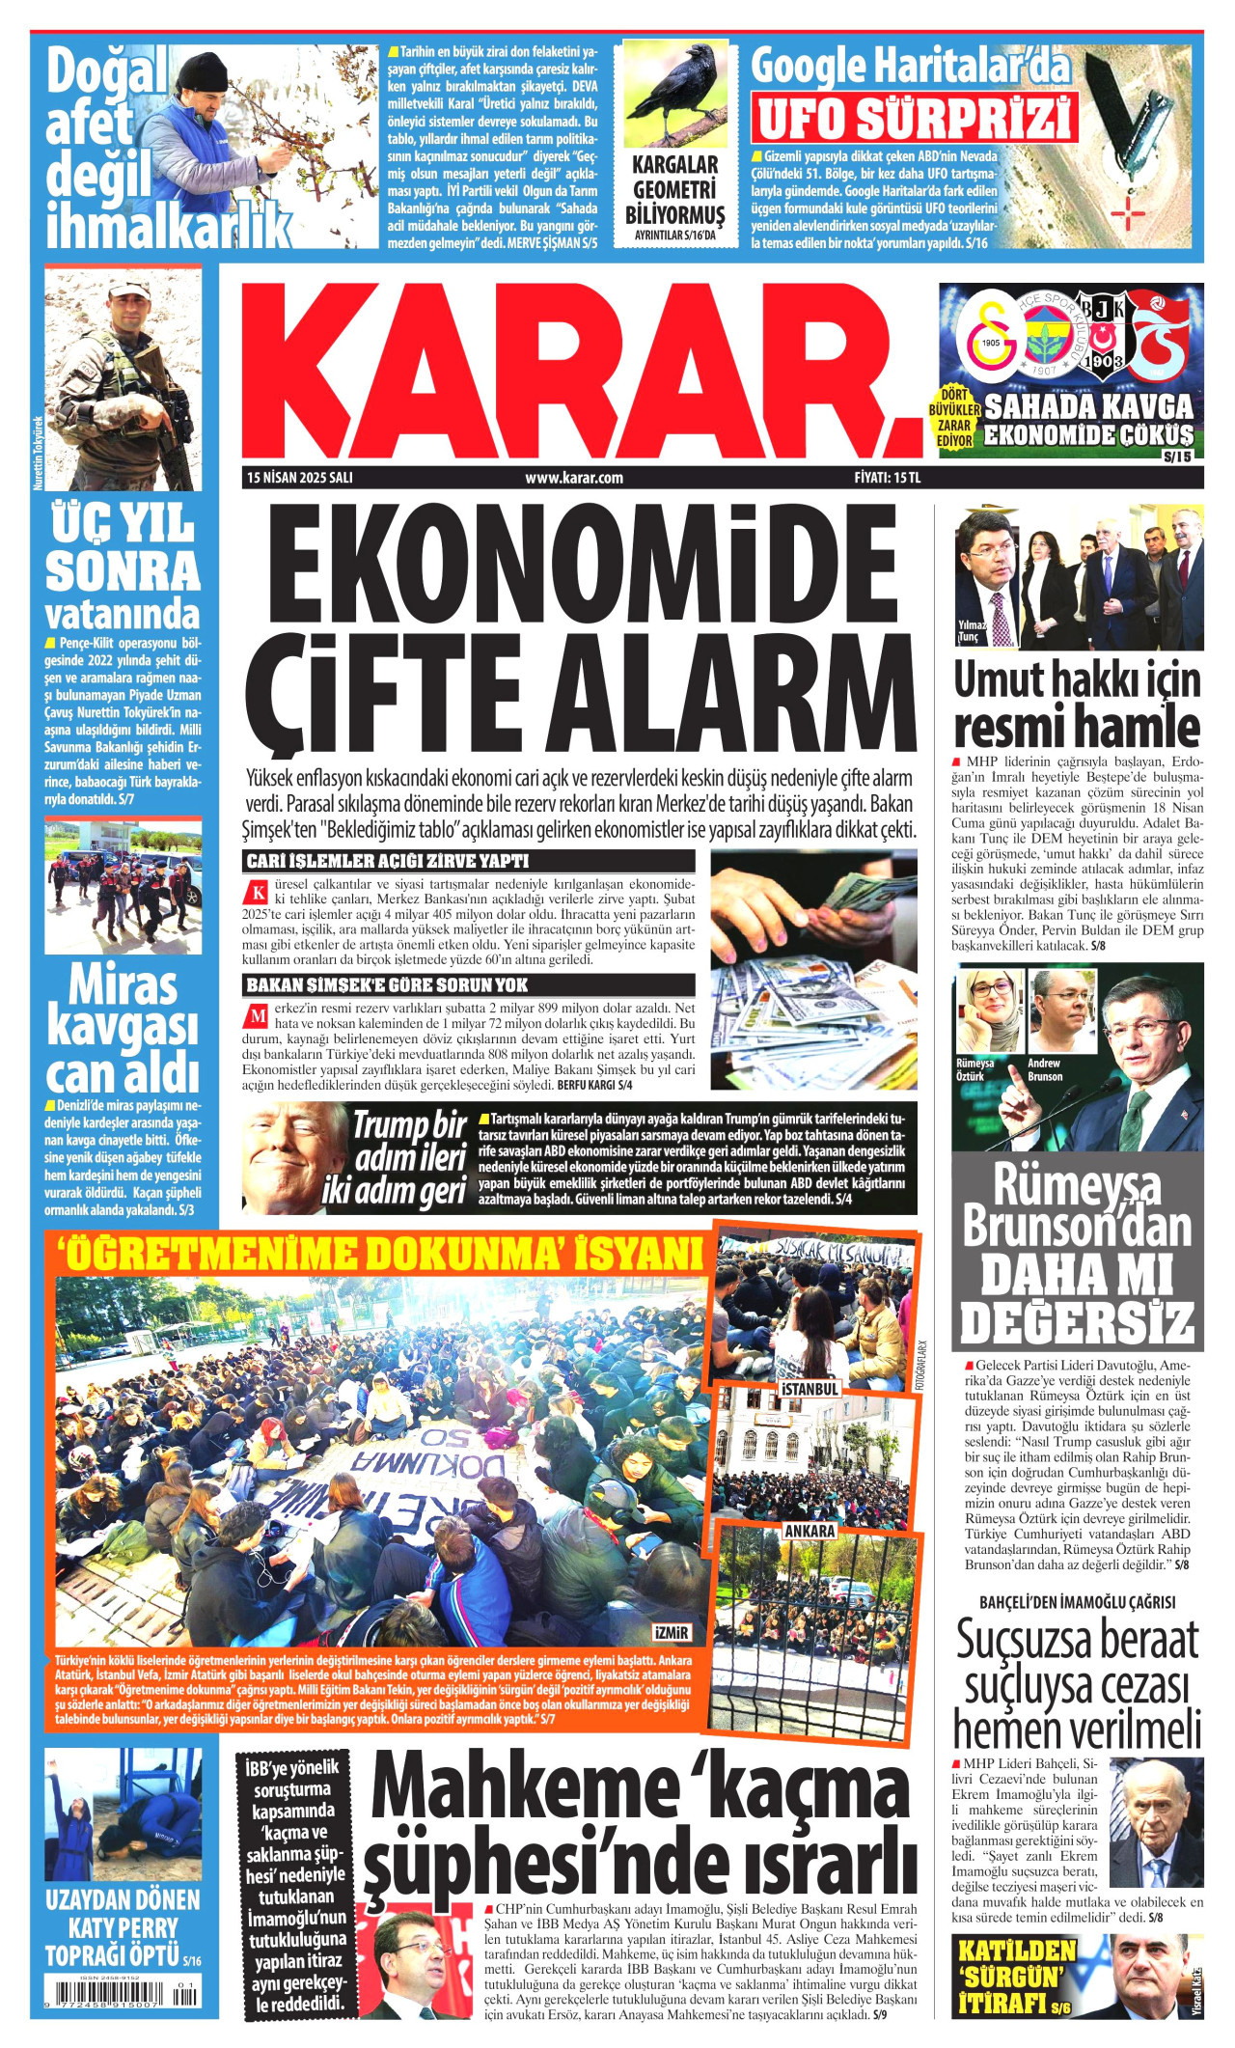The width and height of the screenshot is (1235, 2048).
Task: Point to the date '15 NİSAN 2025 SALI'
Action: click(299, 477)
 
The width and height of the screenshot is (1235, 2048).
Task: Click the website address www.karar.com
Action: click(574, 477)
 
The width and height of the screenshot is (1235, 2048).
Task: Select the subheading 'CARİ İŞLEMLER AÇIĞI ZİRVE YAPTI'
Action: click(388, 861)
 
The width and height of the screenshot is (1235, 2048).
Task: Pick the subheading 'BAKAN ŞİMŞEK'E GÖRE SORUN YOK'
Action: click(388, 984)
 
